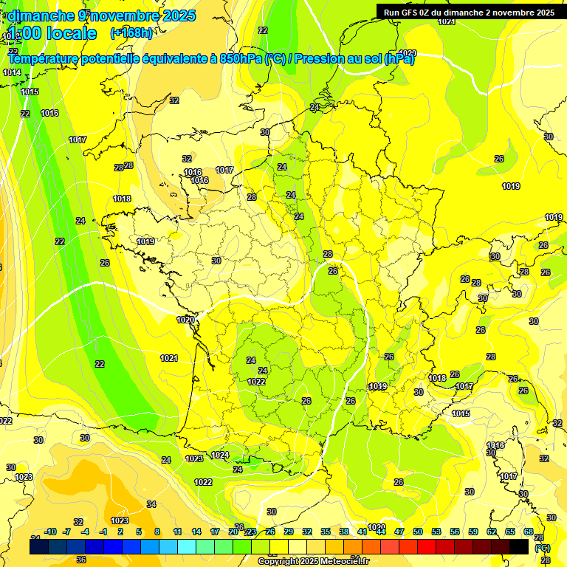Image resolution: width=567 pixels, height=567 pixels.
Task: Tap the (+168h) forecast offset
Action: coord(131,32)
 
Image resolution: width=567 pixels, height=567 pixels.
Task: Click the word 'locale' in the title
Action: coord(71,33)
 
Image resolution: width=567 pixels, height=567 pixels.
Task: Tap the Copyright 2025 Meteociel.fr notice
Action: coord(313,561)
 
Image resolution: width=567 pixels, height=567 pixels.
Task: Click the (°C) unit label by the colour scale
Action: coord(543,547)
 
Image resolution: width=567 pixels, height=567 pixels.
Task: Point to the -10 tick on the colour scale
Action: coord(50,532)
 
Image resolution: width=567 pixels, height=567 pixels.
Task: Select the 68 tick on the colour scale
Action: coord(529,532)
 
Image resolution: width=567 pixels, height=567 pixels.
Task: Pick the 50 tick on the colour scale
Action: coord(418,532)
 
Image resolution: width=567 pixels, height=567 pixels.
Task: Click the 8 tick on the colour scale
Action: coord(157,532)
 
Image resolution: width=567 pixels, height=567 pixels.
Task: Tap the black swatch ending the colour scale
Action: coord(520,546)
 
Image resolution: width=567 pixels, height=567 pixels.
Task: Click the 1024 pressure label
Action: coord(220,456)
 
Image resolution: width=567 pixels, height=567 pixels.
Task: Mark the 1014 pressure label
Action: coord(11,72)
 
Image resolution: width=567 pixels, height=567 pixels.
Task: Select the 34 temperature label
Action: coord(151,504)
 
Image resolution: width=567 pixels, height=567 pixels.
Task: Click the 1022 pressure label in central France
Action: coord(256,382)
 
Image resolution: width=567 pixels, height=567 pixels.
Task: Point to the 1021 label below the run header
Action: coord(447,21)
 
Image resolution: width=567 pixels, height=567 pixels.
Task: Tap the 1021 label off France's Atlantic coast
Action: coord(169,358)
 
